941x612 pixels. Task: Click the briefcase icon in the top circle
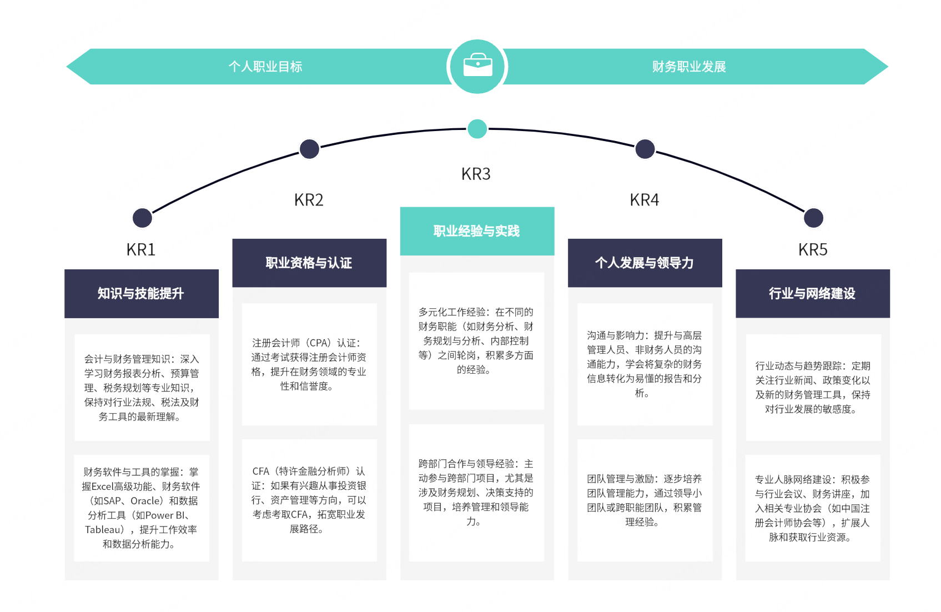point(477,65)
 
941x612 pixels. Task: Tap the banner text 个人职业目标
point(265,67)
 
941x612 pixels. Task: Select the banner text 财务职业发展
point(689,67)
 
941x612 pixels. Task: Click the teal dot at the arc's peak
point(477,129)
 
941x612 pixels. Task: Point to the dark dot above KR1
point(143,218)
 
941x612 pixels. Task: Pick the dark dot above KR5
point(813,218)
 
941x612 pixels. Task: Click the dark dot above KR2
point(310,149)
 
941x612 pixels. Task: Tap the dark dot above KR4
point(645,149)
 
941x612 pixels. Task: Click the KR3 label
point(476,174)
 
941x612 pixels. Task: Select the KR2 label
point(309,200)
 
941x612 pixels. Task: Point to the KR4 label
point(645,200)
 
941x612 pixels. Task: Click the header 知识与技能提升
point(140,293)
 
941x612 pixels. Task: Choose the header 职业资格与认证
point(309,263)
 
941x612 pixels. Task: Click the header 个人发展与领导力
point(645,263)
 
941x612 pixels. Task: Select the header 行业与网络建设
point(812,293)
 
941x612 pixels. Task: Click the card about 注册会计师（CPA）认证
point(309,364)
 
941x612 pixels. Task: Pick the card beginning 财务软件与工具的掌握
point(142,508)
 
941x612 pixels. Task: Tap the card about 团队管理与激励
point(645,500)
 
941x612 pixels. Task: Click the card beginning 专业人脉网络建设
point(813,508)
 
